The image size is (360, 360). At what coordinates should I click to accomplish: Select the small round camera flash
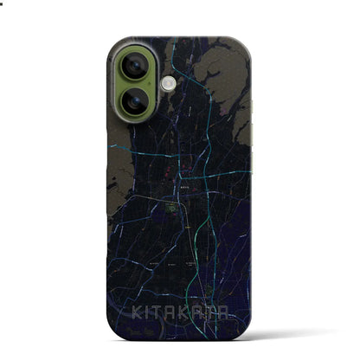click(168, 83)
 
